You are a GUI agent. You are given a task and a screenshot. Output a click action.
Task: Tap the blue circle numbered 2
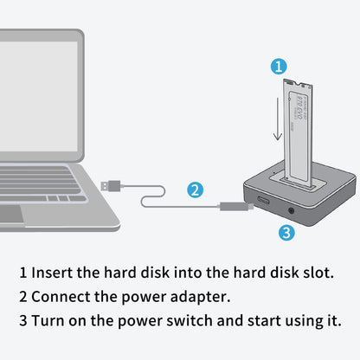point(196,190)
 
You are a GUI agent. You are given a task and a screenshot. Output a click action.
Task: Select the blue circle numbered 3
point(287,231)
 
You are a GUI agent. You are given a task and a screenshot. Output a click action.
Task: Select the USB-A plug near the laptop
point(110,184)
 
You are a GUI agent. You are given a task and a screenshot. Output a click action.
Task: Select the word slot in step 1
point(315,272)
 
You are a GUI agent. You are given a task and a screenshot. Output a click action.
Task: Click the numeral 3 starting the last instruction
point(23,319)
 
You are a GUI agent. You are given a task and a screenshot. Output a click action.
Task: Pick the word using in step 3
point(299,319)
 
